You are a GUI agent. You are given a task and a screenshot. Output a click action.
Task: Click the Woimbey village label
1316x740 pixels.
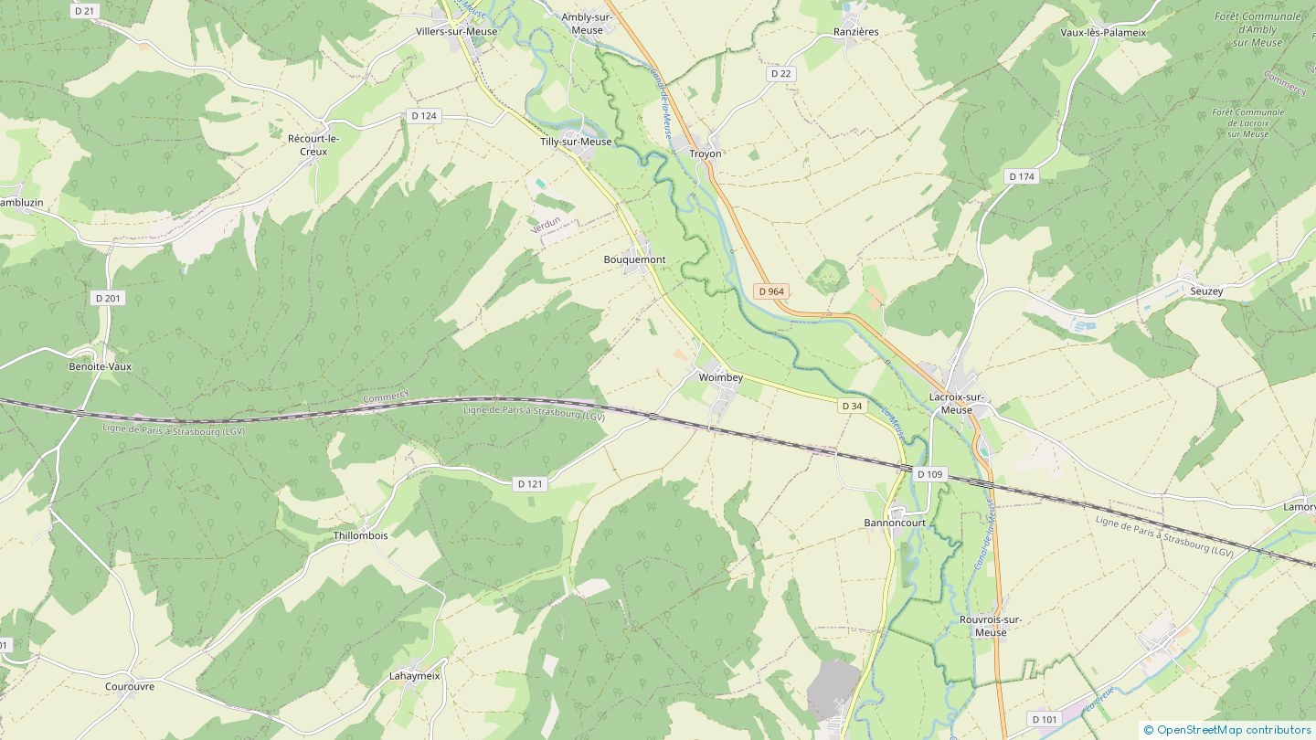pos(720,377)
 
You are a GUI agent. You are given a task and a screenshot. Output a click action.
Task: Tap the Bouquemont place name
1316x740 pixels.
pos(634,259)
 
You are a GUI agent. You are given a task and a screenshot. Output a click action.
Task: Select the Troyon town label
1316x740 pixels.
pos(705,153)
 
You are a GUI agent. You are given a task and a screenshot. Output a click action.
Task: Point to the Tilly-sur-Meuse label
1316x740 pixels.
pos(576,142)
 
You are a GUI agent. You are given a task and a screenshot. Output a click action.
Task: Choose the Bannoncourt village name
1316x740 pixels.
pos(895,523)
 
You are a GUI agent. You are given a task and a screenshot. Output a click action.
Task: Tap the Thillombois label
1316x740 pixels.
pos(360,535)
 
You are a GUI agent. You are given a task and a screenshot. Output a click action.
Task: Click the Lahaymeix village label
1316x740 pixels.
pos(415,676)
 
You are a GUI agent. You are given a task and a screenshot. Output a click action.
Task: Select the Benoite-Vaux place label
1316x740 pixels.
pos(101,366)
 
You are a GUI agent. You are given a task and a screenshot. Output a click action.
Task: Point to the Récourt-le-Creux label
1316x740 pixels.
pos(313,144)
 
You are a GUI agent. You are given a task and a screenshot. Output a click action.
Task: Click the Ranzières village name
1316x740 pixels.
pos(855,32)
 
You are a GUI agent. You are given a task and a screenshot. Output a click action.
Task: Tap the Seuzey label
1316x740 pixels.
pos(1206,291)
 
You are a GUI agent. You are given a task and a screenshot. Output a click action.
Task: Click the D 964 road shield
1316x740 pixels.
pos(770,291)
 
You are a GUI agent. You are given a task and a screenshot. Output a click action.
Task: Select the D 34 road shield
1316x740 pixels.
pos(851,406)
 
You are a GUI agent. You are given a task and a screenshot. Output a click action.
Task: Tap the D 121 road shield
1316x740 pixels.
pos(529,484)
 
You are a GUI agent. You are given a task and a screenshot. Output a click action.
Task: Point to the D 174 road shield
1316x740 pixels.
pos(1022,176)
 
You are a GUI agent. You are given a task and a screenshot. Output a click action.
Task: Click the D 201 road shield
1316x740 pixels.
pos(108,298)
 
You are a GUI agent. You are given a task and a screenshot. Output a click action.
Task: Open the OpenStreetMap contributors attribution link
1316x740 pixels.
pos(1233,729)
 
